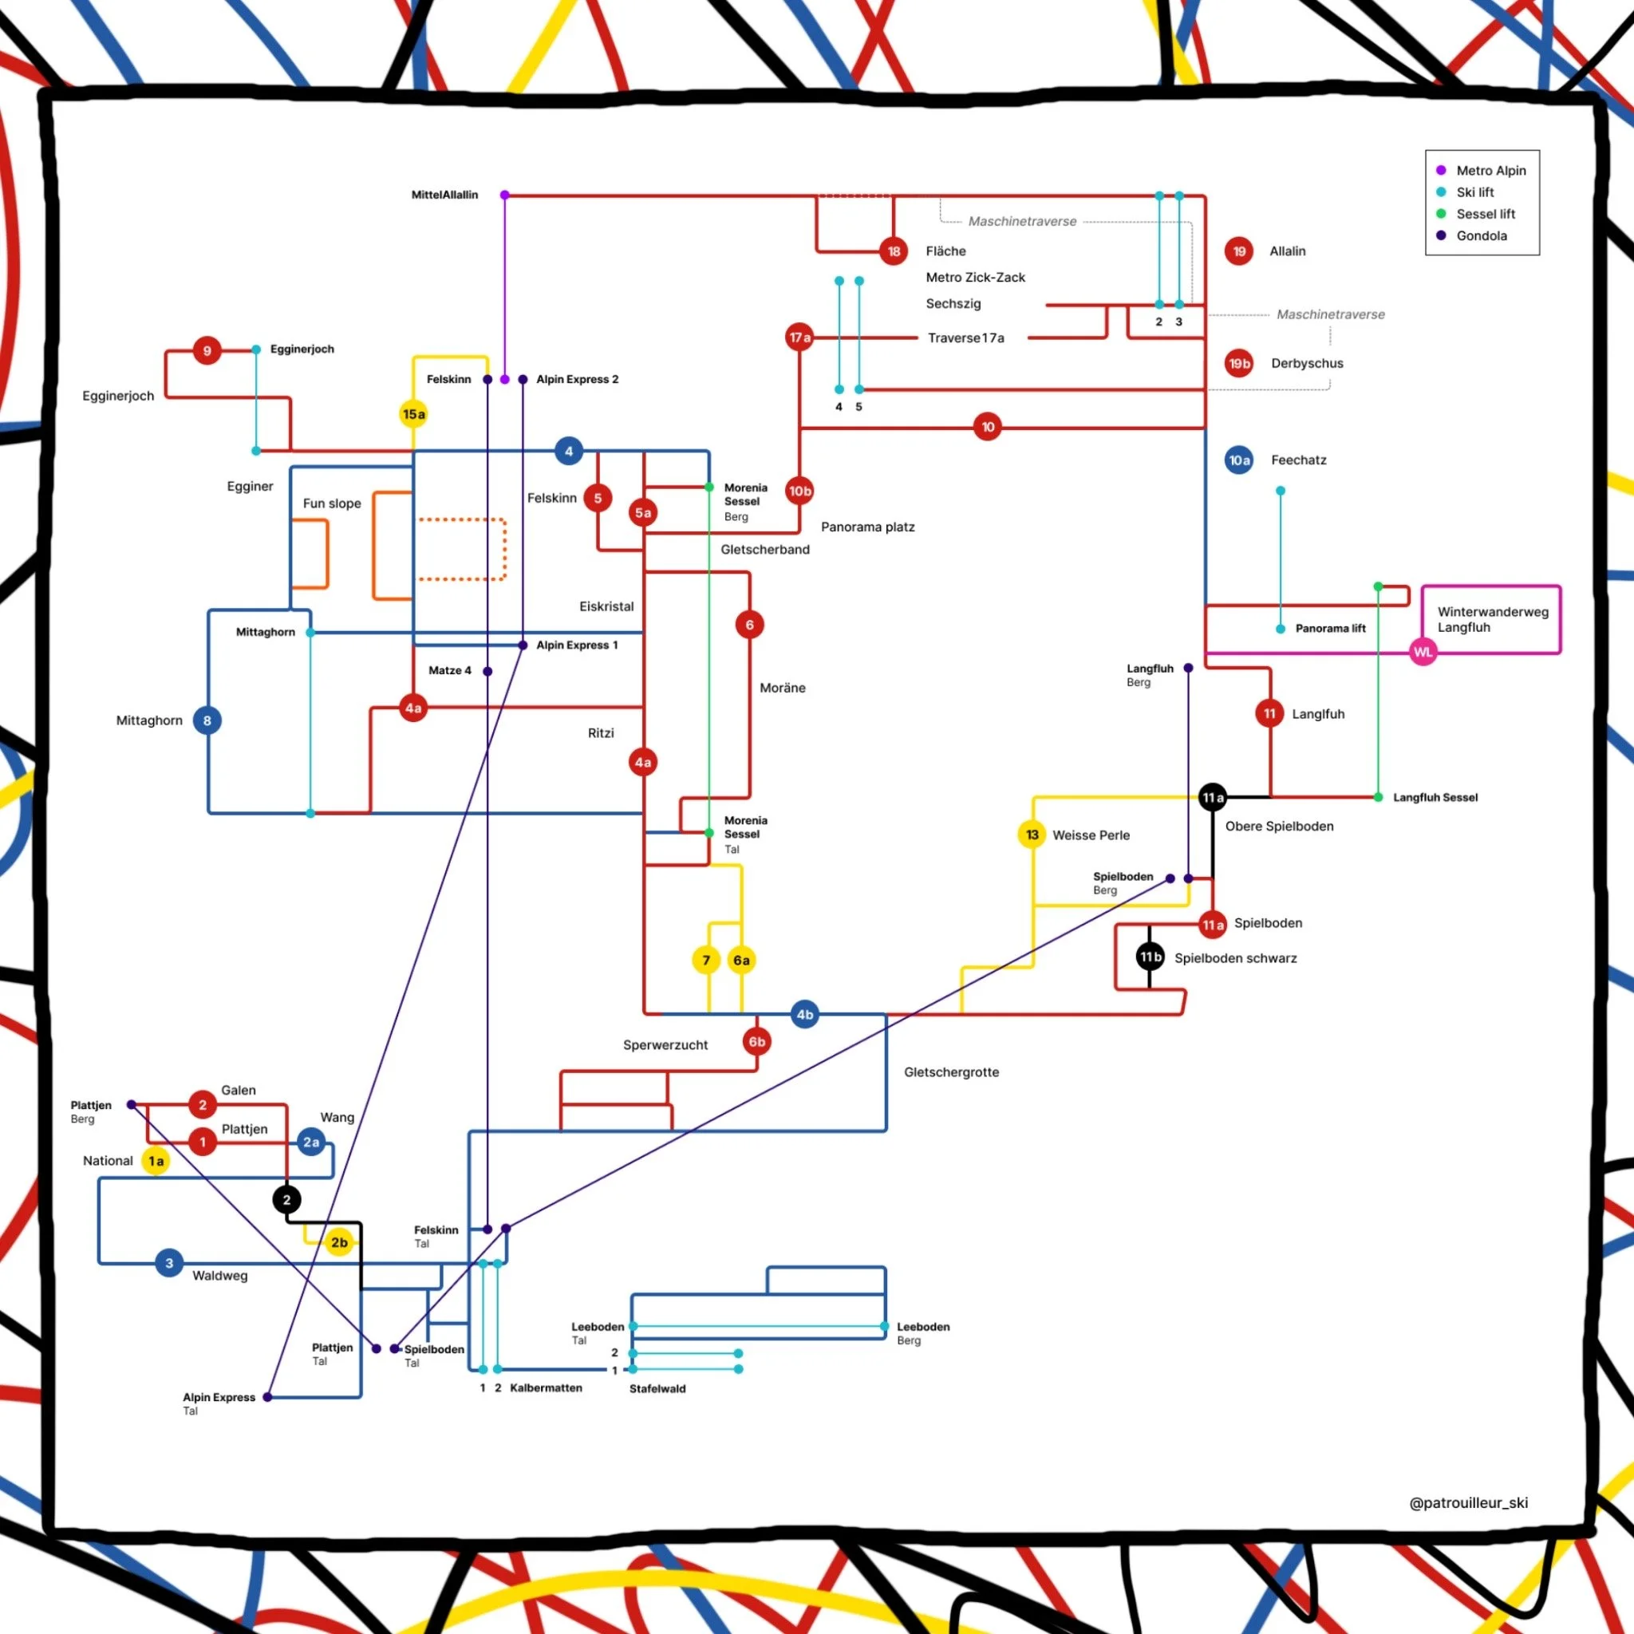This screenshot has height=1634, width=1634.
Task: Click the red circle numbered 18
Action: [x=893, y=251]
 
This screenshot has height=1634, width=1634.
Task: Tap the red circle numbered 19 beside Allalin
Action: [x=1239, y=251]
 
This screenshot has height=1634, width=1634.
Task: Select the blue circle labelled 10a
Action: [x=1239, y=460]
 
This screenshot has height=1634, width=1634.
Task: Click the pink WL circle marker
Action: [x=1423, y=652]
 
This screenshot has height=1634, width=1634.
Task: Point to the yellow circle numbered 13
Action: [x=1032, y=835]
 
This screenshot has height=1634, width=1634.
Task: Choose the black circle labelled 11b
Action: [x=1150, y=957]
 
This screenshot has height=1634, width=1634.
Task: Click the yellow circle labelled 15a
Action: [x=413, y=413]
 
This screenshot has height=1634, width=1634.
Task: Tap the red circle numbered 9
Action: [x=207, y=351]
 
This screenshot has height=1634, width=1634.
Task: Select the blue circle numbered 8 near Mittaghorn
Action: [x=207, y=720]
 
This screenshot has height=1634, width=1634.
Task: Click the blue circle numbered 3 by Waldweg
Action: [x=169, y=1264]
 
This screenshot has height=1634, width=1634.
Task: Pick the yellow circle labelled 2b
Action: [x=339, y=1242]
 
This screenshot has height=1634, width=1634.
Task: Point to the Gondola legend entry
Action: [x=1481, y=236]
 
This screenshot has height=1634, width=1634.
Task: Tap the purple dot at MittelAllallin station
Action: [x=505, y=195]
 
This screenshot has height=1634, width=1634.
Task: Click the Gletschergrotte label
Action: [x=952, y=1072]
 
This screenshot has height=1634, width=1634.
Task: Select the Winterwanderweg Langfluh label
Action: [x=1493, y=619]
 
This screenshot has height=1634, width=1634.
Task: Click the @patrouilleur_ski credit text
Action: [x=1468, y=1502]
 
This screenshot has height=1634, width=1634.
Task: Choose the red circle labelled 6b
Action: [x=757, y=1042]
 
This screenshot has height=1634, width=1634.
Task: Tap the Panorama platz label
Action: [x=868, y=527]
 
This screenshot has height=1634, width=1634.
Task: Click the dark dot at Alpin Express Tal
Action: [x=267, y=1397]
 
